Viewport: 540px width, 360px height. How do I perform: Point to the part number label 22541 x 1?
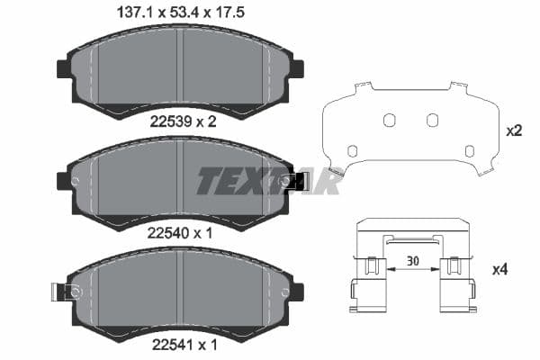tap(182, 343)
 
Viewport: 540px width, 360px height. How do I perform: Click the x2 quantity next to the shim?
tap(514, 130)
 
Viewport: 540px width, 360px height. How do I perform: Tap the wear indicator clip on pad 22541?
tap(65, 292)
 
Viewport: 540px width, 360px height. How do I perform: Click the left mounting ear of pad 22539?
tap(63, 69)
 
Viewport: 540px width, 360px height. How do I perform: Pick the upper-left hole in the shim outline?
tap(389, 121)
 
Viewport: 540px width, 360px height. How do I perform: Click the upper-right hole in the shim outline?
tap(432, 121)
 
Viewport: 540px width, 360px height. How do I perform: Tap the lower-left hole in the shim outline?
tap(352, 150)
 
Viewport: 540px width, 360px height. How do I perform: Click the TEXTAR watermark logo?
tap(268, 181)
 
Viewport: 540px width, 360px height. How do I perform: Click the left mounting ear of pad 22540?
tap(63, 180)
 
